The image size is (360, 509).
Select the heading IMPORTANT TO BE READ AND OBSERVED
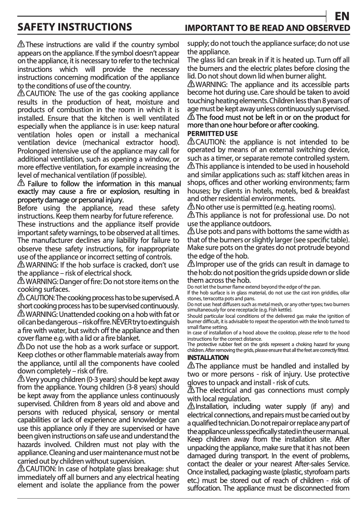click(268, 29)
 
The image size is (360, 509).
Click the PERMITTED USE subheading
click(212, 134)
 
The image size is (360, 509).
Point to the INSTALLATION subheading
click(208, 357)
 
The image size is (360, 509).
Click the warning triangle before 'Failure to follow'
click(21, 184)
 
